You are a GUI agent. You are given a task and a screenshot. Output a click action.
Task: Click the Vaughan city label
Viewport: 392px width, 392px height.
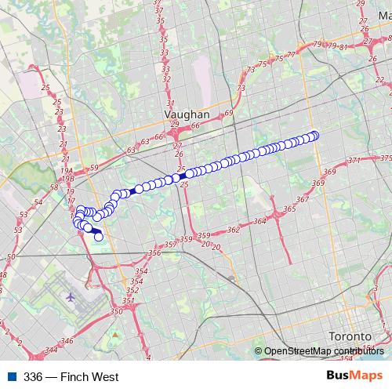(x=187, y=113)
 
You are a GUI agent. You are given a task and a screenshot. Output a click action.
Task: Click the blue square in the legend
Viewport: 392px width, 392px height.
(x=11, y=377)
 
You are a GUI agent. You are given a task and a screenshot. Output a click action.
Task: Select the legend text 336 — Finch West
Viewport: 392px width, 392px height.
(x=71, y=377)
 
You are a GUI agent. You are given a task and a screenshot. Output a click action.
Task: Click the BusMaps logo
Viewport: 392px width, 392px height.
(x=354, y=376)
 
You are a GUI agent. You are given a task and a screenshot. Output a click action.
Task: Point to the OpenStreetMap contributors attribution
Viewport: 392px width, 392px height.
(x=323, y=352)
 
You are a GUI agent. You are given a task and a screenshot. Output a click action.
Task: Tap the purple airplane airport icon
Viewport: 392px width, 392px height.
(x=71, y=297)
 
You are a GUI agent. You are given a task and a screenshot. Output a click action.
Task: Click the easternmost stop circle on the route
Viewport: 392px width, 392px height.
(x=315, y=135)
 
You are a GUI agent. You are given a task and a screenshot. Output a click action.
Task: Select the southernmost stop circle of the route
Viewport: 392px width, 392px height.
(x=99, y=236)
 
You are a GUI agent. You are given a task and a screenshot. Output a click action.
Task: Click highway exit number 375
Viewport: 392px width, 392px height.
(x=385, y=158)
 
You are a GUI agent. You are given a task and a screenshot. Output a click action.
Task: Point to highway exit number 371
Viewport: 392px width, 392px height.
(x=354, y=160)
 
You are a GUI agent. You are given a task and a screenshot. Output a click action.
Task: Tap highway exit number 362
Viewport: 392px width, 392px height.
(x=233, y=230)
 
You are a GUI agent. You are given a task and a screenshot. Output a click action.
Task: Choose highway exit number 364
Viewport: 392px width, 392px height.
(x=260, y=221)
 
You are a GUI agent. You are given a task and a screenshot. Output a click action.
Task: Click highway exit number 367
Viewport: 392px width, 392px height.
(x=303, y=194)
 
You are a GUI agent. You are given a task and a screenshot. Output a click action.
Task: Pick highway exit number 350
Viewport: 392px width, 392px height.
(x=117, y=312)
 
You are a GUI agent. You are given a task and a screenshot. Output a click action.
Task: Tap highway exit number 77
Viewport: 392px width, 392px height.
(x=292, y=54)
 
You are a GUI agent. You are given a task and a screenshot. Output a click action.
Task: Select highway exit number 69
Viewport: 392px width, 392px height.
(x=228, y=114)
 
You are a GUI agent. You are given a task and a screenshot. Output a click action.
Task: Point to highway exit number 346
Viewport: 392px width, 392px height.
(x=67, y=341)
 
